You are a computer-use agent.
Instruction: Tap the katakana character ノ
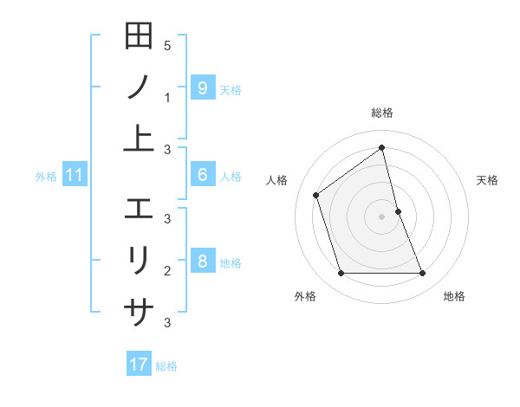(x=139, y=87)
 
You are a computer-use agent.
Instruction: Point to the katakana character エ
(x=139, y=208)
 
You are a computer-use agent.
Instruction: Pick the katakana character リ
(x=139, y=260)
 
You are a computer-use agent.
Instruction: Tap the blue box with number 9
(x=202, y=87)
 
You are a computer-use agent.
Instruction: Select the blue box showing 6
(x=202, y=175)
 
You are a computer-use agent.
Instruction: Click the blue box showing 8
(x=202, y=262)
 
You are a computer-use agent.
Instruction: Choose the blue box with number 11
(x=75, y=176)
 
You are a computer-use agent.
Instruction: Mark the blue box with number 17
(x=139, y=365)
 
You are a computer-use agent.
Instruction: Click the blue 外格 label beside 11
(x=46, y=177)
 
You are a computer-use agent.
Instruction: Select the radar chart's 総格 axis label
(x=382, y=113)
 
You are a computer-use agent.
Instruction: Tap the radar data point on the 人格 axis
(x=316, y=195)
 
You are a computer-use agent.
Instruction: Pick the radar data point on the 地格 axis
(x=422, y=274)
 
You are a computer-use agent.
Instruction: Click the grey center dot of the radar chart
(x=382, y=216)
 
